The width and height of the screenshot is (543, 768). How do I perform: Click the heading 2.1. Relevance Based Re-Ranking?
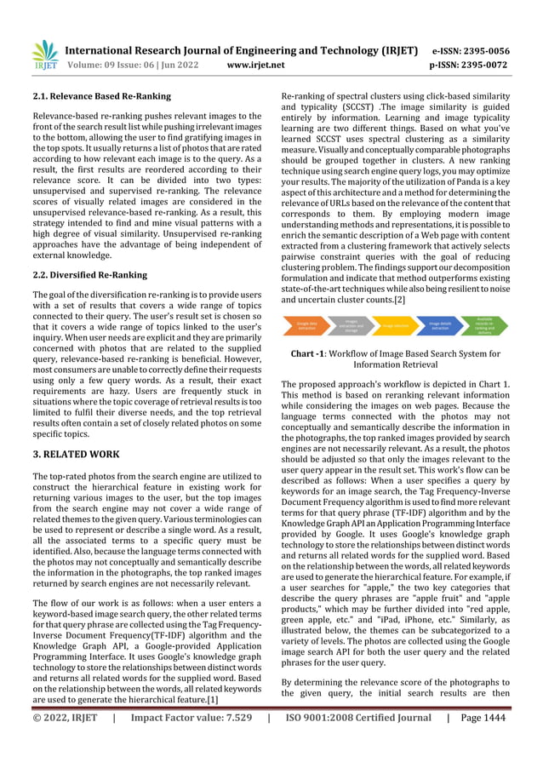[x=101, y=96]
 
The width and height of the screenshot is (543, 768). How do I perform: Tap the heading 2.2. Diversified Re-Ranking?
[x=89, y=275]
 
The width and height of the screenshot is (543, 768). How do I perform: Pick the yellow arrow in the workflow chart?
[x=395, y=326]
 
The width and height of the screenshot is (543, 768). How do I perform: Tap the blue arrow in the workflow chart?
[x=440, y=326]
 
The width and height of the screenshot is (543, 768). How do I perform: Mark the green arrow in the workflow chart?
[x=483, y=326]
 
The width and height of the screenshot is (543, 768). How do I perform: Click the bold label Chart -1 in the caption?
[x=312, y=353]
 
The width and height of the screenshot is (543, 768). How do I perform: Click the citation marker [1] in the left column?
[x=229, y=699]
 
